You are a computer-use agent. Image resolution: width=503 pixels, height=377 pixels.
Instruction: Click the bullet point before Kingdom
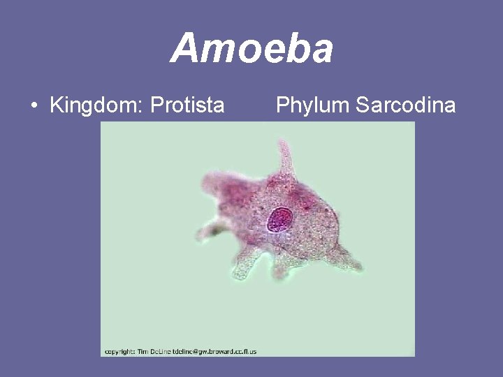coord(34,107)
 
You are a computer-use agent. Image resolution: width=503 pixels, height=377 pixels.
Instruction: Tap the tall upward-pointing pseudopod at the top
coord(285,156)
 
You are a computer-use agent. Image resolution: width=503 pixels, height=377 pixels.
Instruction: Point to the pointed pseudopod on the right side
coord(353,262)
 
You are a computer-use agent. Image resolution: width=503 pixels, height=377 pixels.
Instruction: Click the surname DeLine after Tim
coord(165,351)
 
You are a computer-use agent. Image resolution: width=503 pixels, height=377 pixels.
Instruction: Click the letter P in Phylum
coord(282,105)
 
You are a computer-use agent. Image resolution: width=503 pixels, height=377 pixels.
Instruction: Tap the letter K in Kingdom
coord(56,106)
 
